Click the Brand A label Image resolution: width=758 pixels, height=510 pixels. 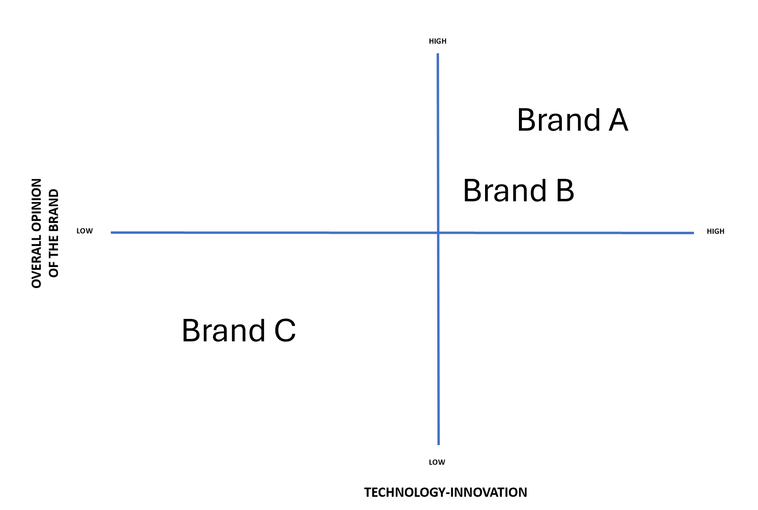tap(572, 120)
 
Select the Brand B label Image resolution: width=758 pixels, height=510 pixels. tap(519, 191)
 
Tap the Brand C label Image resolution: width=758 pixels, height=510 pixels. tap(239, 330)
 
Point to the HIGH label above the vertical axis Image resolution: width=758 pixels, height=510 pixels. tap(437, 41)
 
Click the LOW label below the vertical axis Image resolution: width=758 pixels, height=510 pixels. tap(437, 462)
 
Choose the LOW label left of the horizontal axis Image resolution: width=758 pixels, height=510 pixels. tap(84, 231)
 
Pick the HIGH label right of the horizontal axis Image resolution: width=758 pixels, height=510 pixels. tap(715, 232)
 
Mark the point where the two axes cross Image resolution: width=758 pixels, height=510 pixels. tap(438, 233)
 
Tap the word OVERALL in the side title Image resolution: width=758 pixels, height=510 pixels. tap(37, 265)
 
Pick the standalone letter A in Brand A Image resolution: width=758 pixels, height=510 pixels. tap(618, 120)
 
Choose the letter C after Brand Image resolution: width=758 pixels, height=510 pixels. tap(285, 330)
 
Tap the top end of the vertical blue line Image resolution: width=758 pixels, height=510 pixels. tap(438, 54)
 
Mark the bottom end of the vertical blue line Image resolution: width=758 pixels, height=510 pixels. tap(439, 444)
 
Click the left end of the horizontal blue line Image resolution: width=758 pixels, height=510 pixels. tap(112, 232)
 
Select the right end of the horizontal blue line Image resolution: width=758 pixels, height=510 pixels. tap(693, 233)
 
